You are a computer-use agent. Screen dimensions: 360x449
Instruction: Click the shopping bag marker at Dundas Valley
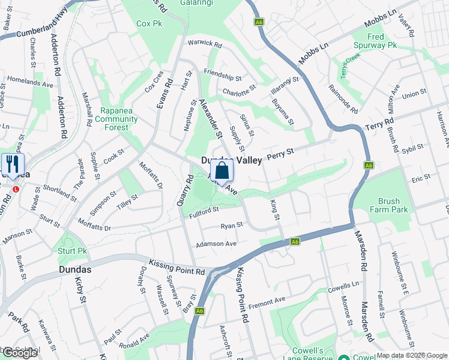tap(222, 170)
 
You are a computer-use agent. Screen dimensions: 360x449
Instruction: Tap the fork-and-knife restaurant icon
tap(13, 164)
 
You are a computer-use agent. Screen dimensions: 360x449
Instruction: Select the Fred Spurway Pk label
tap(375, 41)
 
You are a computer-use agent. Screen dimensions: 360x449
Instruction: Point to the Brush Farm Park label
tap(393, 205)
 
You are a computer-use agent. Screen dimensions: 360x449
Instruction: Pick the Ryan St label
tap(231, 226)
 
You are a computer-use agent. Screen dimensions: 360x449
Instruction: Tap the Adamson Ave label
tap(217, 244)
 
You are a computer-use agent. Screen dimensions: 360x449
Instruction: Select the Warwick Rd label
tap(204, 44)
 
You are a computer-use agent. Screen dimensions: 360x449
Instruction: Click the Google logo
tap(20, 352)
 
